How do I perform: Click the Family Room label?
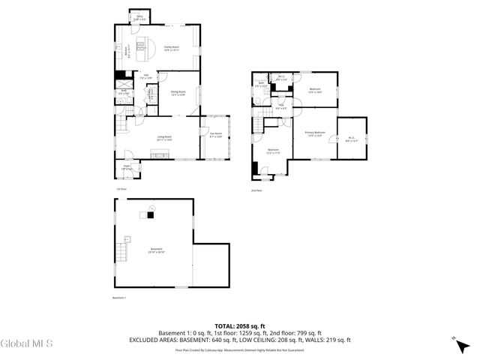click(171, 49)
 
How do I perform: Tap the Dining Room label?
click(178, 92)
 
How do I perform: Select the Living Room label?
click(165, 138)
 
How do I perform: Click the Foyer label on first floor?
click(127, 169)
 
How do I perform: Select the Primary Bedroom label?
click(313, 134)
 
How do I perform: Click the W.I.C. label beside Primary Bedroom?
click(352, 138)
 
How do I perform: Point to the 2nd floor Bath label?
click(260, 85)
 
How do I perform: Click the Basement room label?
click(156, 250)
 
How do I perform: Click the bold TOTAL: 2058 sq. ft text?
click(239, 325)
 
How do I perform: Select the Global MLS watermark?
click(27, 344)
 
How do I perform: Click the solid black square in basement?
click(150, 215)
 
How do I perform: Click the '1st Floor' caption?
click(121, 188)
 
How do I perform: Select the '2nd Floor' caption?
click(256, 190)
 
